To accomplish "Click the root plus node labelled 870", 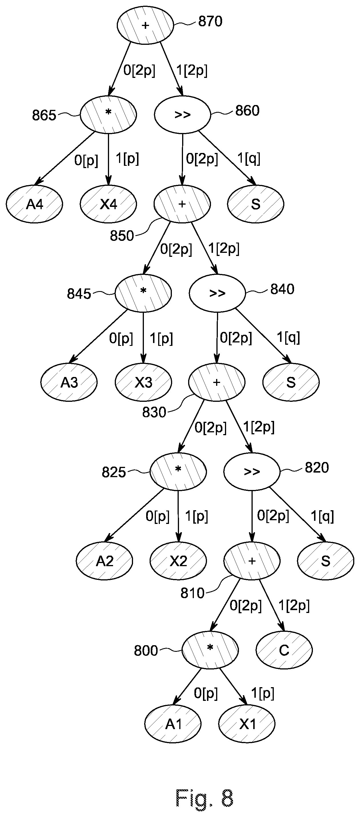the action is click(146, 25).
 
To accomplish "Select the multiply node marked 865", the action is click(108, 114).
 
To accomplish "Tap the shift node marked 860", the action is click(182, 114).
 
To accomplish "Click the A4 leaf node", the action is click(34, 204).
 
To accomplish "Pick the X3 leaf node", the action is click(143, 382).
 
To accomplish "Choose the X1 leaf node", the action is click(247, 724).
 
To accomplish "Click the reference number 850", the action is click(122, 236).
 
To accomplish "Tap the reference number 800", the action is click(146, 651).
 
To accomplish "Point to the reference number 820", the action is click(317, 467).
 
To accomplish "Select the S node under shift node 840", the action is click(291, 382).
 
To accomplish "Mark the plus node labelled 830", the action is click(217, 382).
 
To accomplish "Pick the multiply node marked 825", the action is click(178, 472).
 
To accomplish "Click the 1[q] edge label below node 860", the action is click(249, 158).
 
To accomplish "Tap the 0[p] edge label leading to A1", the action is click(206, 694).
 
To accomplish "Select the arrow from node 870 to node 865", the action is click(120, 69).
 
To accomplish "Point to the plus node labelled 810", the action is click(252, 561).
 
